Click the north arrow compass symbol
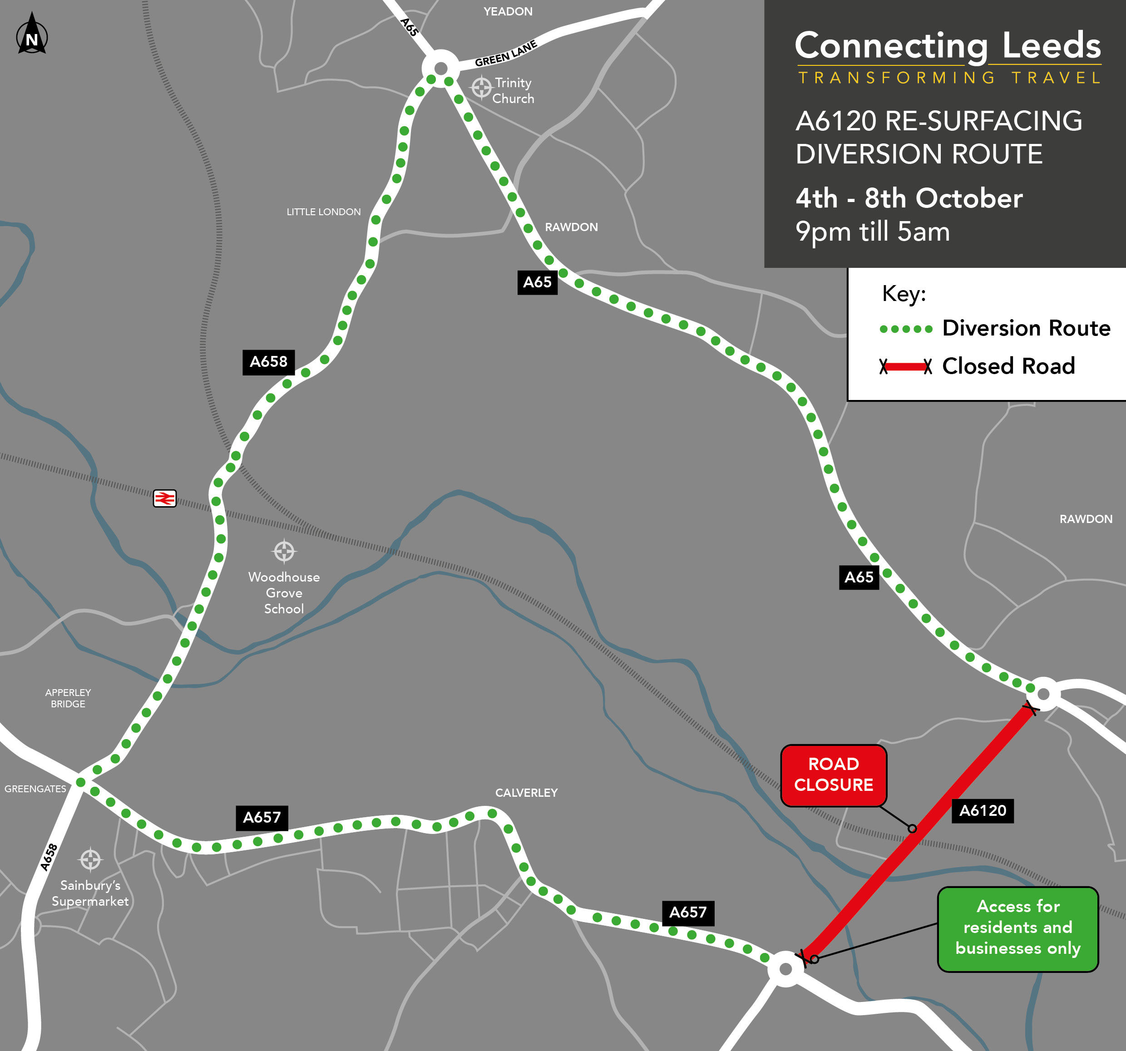[32, 35]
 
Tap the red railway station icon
[165, 498]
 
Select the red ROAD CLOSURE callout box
[833, 775]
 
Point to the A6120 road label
[982, 810]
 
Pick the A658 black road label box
[268, 362]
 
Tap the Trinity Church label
[513, 91]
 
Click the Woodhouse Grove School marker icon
[284, 550]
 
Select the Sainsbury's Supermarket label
[90, 893]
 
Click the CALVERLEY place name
[526, 792]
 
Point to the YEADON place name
[508, 11]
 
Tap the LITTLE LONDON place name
[323, 212]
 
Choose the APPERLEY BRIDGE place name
[68, 698]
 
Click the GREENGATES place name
[35, 789]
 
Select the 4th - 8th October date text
[909, 198]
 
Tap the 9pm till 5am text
[872, 231]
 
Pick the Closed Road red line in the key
[905, 366]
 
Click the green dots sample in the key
[906, 329]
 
